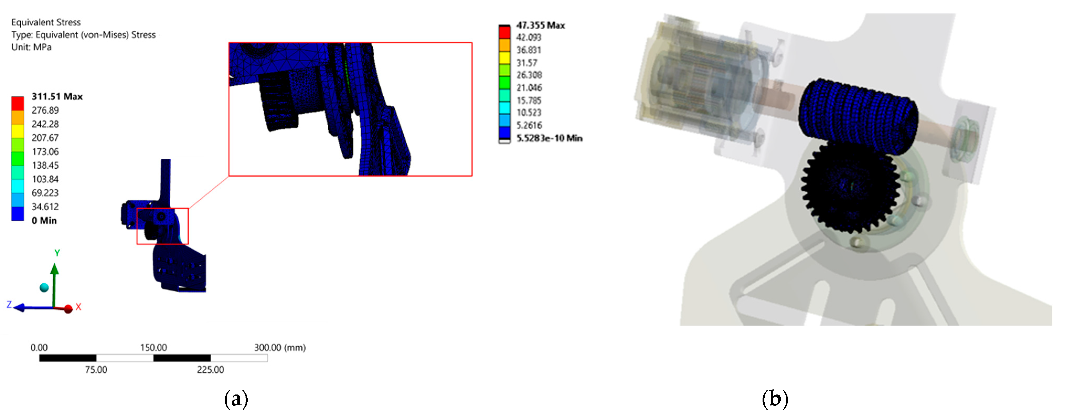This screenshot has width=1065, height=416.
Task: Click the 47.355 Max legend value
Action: tap(540, 25)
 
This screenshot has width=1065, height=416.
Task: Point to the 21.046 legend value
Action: tap(529, 88)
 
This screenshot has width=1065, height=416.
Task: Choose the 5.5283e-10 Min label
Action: tap(549, 138)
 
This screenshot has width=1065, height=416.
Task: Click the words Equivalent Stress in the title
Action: tap(46, 22)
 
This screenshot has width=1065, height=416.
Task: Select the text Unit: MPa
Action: tap(31, 47)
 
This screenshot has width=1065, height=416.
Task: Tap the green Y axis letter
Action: tap(57, 253)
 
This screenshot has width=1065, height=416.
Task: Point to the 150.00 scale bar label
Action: tap(153, 347)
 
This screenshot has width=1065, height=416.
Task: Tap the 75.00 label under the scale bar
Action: tap(96, 370)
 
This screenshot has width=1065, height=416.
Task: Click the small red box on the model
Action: tap(162, 226)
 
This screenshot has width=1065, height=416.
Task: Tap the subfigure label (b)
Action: tap(775, 399)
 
